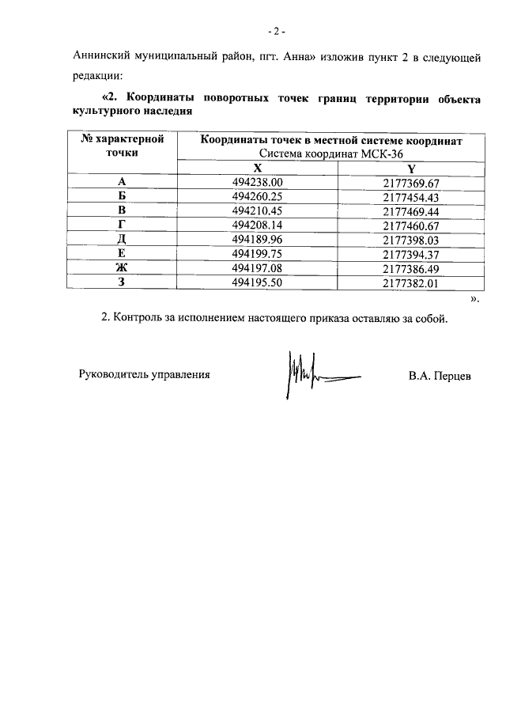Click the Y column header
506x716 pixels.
point(410,169)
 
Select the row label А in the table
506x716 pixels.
point(122,183)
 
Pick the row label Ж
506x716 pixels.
point(122,268)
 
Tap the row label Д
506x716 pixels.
point(122,240)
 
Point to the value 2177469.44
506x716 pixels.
point(410,211)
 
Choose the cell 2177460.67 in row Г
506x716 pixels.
point(410,225)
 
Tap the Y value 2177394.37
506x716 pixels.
point(410,254)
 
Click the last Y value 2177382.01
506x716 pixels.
point(410,282)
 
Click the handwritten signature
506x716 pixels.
point(312,373)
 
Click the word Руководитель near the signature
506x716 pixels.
point(114,375)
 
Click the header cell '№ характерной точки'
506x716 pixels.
point(122,146)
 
